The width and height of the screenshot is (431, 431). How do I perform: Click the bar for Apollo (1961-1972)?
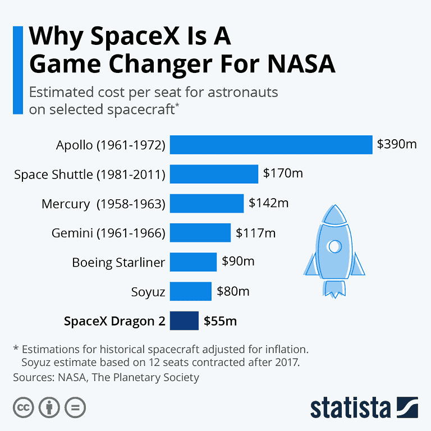pos(271,145)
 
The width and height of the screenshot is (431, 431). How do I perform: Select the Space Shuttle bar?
pos(214,174)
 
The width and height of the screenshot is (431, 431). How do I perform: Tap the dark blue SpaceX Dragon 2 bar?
pos(184,321)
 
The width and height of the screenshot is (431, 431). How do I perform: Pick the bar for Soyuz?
pos(191,292)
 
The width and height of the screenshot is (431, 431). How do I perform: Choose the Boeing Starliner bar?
pos(193,262)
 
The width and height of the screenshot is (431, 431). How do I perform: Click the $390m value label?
pos(397,145)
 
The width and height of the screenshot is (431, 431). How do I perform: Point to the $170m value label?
pos(283,173)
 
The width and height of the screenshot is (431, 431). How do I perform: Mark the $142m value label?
pos(268,203)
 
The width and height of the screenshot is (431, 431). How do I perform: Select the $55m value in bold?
pos(220,322)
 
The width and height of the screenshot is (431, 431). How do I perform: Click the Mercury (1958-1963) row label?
pos(103,204)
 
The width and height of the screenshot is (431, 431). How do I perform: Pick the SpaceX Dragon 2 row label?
pos(114,322)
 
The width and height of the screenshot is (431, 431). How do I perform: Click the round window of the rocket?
pos(334,246)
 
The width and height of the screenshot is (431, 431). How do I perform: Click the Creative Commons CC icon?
pos(23,407)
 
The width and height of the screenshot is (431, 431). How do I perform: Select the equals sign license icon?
pos(75,407)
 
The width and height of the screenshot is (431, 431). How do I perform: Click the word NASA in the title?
pos(301,65)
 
